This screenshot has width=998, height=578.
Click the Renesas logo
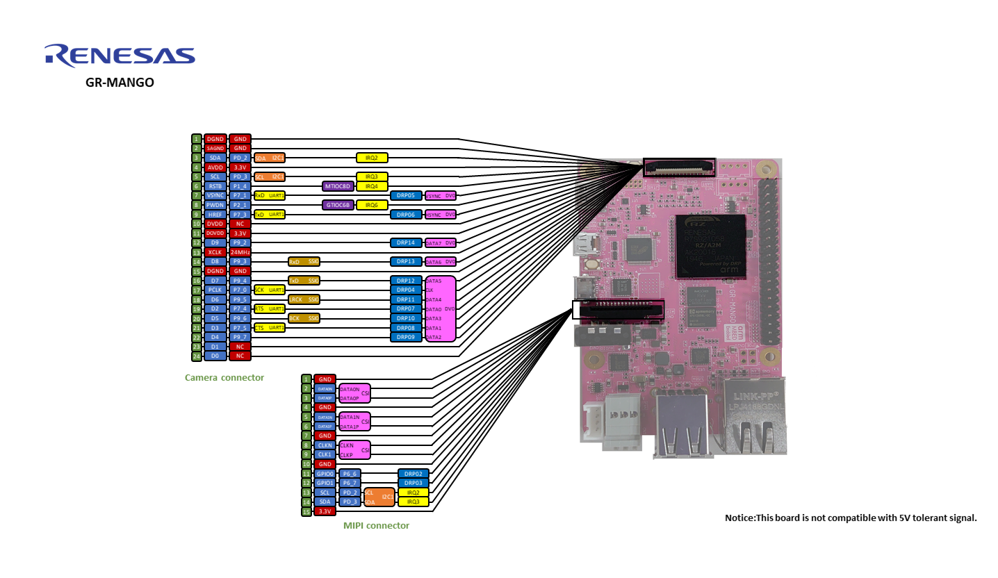tap(120, 56)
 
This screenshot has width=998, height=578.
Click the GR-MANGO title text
tap(120, 83)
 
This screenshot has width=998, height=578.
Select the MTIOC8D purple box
tap(338, 186)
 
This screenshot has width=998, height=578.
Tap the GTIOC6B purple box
tap(338, 205)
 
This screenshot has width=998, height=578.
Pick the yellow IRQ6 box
tap(372, 205)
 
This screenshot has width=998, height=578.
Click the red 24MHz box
tap(240, 252)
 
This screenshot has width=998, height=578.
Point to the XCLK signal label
tap(215, 252)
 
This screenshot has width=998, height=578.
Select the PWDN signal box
tap(215, 205)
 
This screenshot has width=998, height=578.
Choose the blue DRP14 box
tap(406, 242)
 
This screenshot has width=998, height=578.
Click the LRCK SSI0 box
tap(304, 299)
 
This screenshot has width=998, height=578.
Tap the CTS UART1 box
tap(269, 327)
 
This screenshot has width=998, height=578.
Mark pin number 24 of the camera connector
tap(197, 356)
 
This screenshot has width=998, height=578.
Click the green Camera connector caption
tap(224, 378)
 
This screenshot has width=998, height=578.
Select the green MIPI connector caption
tap(376, 526)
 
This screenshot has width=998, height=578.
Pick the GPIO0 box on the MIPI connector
tap(325, 474)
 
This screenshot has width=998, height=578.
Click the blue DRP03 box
tap(413, 483)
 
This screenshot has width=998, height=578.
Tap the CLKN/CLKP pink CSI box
tap(354, 450)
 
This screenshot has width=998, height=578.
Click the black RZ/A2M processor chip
tap(710, 247)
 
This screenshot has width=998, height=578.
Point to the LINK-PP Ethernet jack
tap(754, 417)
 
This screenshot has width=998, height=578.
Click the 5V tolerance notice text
tap(851, 518)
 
